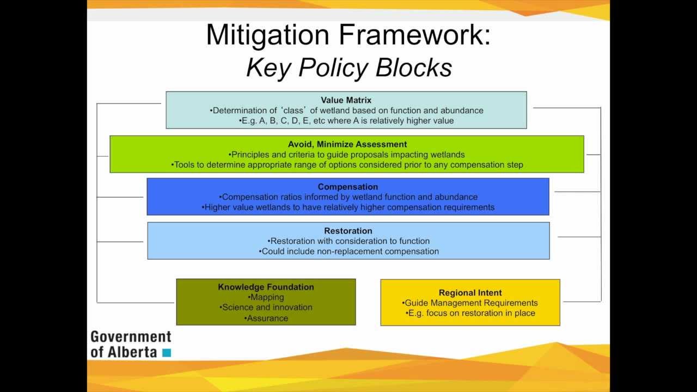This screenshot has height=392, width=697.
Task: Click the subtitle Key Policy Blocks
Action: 348,68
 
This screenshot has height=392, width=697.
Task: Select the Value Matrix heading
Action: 346,100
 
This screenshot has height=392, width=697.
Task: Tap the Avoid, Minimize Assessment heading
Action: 347,144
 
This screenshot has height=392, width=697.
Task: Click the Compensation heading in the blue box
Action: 347,187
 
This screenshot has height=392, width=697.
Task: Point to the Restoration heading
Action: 348,231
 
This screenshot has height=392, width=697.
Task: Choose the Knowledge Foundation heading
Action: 266,287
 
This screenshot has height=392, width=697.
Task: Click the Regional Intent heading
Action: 470,293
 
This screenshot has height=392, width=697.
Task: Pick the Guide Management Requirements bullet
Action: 470,303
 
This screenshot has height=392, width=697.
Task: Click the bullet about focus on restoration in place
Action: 470,313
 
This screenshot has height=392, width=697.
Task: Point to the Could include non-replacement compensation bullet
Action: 348,252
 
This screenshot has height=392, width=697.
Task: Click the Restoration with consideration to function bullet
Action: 348,241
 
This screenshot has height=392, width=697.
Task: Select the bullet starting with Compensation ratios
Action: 348,197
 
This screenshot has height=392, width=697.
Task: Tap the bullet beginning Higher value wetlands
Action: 348,207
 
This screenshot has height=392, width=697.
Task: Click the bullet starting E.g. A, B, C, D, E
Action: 346,121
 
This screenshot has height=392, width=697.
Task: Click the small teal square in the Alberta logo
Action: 167,353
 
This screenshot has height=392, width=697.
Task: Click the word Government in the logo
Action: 131,337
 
